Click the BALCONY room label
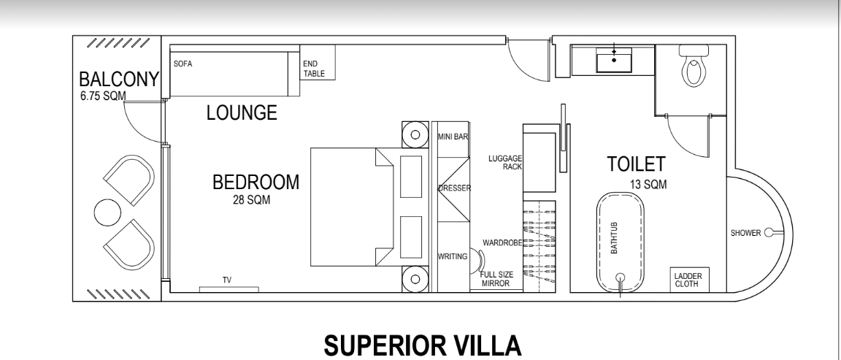tap(118, 80)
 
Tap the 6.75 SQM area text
tap(103, 96)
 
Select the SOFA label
tap(183, 64)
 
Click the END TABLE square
tap(318, 62)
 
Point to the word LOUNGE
tap(242, 112)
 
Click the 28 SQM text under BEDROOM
tap(252, 200)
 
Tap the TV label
tap(227, 280)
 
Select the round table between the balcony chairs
tap(104, 210)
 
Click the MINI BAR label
tap(453, 137)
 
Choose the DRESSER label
tap(454, 188)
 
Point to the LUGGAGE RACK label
tap(505, 163)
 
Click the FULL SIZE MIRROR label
tap(497, 279)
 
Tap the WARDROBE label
tap(502, 243)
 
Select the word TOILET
tap(636, 164)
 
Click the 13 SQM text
tap(648, 185)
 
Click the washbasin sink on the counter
tap(614, 60)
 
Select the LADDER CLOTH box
tap(690, 280)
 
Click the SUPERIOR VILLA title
tap(423, 345)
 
